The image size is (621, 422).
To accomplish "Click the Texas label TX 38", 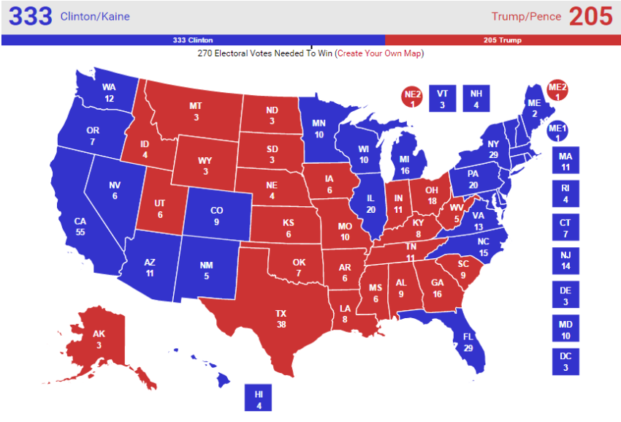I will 281,319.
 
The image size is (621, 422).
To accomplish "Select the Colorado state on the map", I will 216,216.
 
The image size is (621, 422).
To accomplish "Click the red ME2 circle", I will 557,91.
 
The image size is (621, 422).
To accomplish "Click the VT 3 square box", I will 441,98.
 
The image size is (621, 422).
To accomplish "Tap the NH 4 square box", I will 476,98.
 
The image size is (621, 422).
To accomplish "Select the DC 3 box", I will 565,362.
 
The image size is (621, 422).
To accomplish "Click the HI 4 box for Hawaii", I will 258,399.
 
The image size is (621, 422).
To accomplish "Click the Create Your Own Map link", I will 379,53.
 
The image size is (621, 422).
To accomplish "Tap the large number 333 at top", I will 30,16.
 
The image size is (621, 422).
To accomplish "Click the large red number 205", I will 590,16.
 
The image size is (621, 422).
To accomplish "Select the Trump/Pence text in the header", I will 526,16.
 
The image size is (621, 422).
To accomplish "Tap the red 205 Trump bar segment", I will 503,40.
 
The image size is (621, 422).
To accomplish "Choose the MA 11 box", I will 565,161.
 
